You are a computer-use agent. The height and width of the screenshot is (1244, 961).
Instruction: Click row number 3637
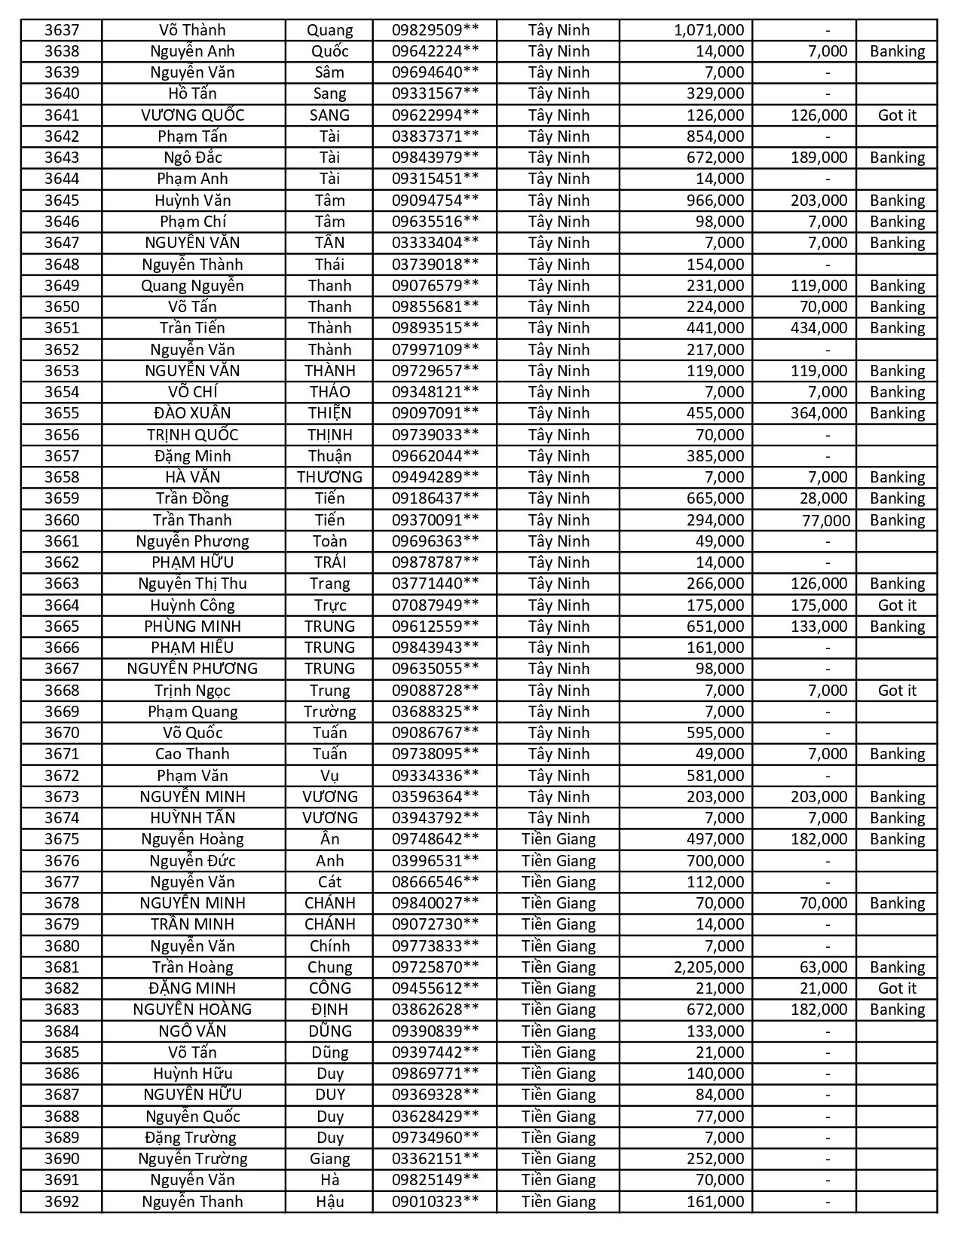(61, 30)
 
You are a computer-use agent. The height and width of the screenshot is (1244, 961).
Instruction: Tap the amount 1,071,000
(709, 30)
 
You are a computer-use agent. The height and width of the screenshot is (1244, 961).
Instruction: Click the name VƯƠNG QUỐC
(192, 115)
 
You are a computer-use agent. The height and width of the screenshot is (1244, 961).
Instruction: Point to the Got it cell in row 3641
(897, 115)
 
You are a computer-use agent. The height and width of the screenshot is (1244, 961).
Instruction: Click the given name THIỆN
(329, 413)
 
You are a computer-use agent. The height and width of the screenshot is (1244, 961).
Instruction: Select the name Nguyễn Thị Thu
(192, 584)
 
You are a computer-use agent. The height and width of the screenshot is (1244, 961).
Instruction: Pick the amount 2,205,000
(709, 967)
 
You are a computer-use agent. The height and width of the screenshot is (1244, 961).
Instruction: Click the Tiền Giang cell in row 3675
(558, 839)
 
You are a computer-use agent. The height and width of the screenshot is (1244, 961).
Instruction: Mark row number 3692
(61, 1202)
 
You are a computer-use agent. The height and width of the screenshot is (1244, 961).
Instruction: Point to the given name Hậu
(329, 1202)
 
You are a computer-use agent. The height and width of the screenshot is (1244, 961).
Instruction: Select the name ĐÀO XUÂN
(192, 413)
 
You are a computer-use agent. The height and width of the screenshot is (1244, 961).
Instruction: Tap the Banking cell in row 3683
(897, 1010)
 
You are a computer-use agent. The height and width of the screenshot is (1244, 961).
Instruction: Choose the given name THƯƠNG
(329, 477)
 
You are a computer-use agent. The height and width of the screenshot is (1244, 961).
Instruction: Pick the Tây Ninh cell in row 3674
(558, 818)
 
